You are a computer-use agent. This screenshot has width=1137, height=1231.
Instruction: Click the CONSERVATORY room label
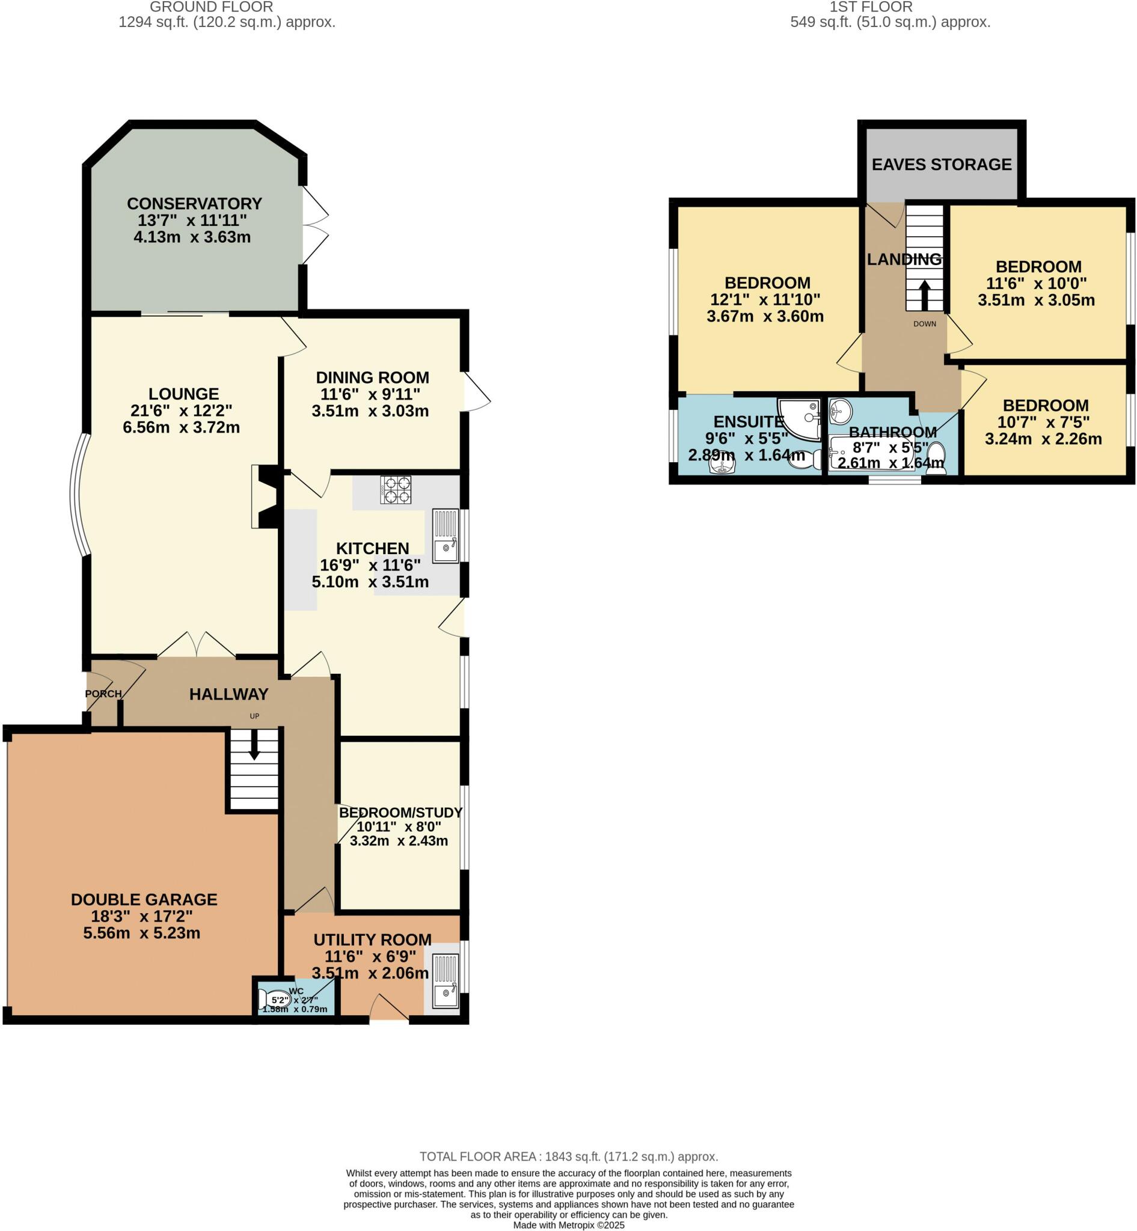[x=194, y=204]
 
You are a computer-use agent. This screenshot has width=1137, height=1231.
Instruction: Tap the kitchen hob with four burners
[x=396, y=490]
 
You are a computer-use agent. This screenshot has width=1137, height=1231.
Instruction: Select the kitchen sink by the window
[x=446, y=536]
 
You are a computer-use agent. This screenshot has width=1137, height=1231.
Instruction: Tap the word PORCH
[x=103, y=694]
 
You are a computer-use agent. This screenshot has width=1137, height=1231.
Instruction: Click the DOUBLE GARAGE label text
[x=144, y=899]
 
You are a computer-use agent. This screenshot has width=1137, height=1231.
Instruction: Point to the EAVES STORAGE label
[x=942, y=165]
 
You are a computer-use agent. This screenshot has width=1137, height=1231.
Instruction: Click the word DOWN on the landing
[x=924, y=323]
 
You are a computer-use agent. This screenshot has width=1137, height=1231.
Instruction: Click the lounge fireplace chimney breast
[x=266, y=496]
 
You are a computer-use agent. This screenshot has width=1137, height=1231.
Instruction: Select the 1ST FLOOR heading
[x=871, y=7]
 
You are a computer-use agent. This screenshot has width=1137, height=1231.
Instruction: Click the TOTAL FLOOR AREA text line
[x=569, y=1156]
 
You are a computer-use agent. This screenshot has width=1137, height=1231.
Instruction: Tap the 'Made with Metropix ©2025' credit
[x=569, y=1225]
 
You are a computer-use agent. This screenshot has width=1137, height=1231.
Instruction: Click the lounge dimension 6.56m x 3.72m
[x=182, y=427]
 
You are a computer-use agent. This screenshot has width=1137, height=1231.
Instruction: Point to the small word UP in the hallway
[x=254, y=716]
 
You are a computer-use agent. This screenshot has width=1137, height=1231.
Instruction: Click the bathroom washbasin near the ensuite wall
[x=840, y=411]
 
